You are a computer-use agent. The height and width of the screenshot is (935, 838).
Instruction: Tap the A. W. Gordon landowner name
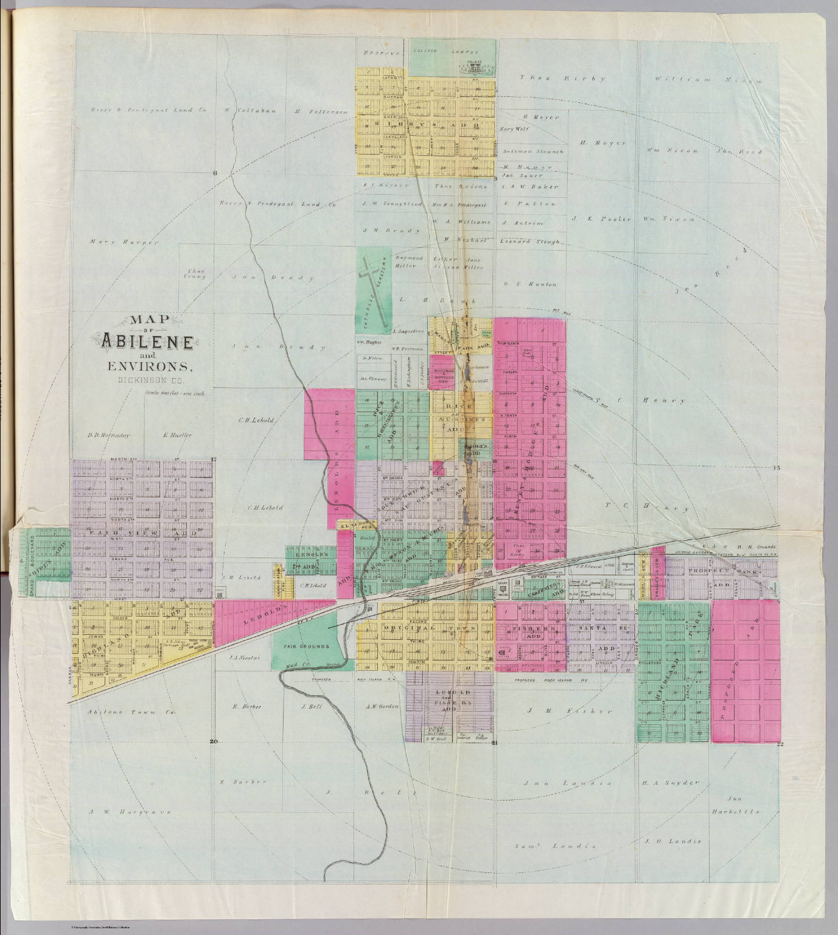point(382,706)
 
